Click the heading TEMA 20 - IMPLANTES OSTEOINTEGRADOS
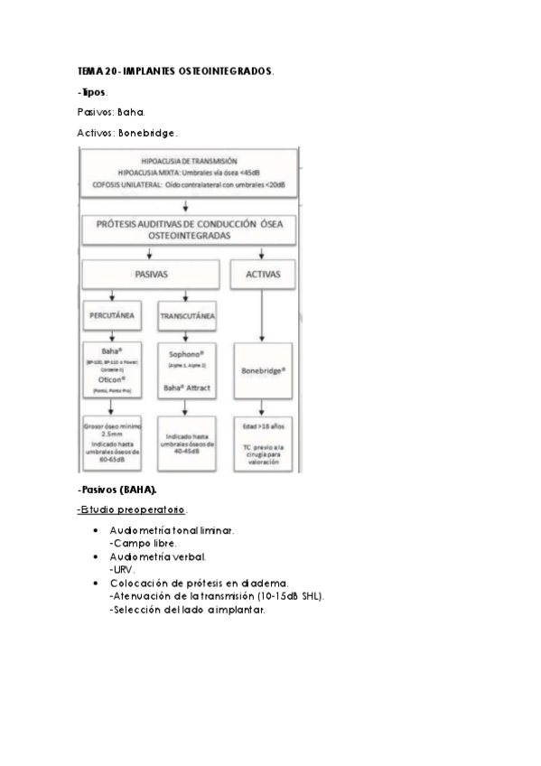point(175,70)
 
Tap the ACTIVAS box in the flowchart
point(262,274)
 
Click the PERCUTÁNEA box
point(112,317)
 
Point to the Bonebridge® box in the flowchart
point(262,370)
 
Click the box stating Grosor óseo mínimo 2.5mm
point(112,443)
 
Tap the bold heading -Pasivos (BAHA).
point(117,490)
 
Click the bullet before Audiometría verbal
point(96,557)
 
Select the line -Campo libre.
point(143,545)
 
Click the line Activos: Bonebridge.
point(127,133)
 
